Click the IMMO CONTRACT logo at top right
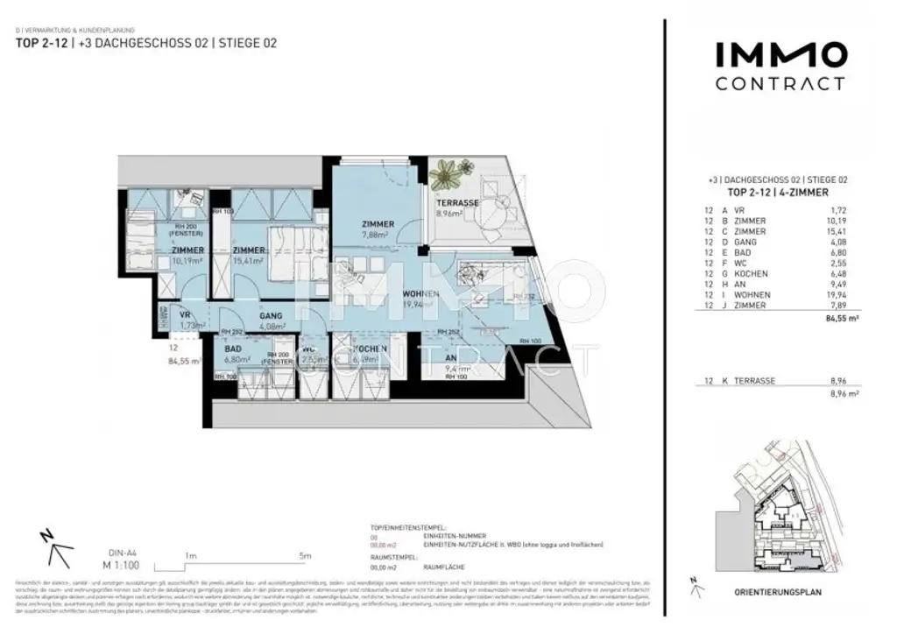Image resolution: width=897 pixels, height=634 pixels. click(780, 67)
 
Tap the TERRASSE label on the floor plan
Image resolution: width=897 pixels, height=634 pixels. click(458, 202)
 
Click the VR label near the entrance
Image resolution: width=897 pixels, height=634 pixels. click(185, 314)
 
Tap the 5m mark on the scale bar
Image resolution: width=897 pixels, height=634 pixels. click(304, 554)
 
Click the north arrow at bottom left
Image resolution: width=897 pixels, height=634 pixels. click(54, 549)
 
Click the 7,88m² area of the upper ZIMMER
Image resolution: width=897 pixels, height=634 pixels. click(378, 234)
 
